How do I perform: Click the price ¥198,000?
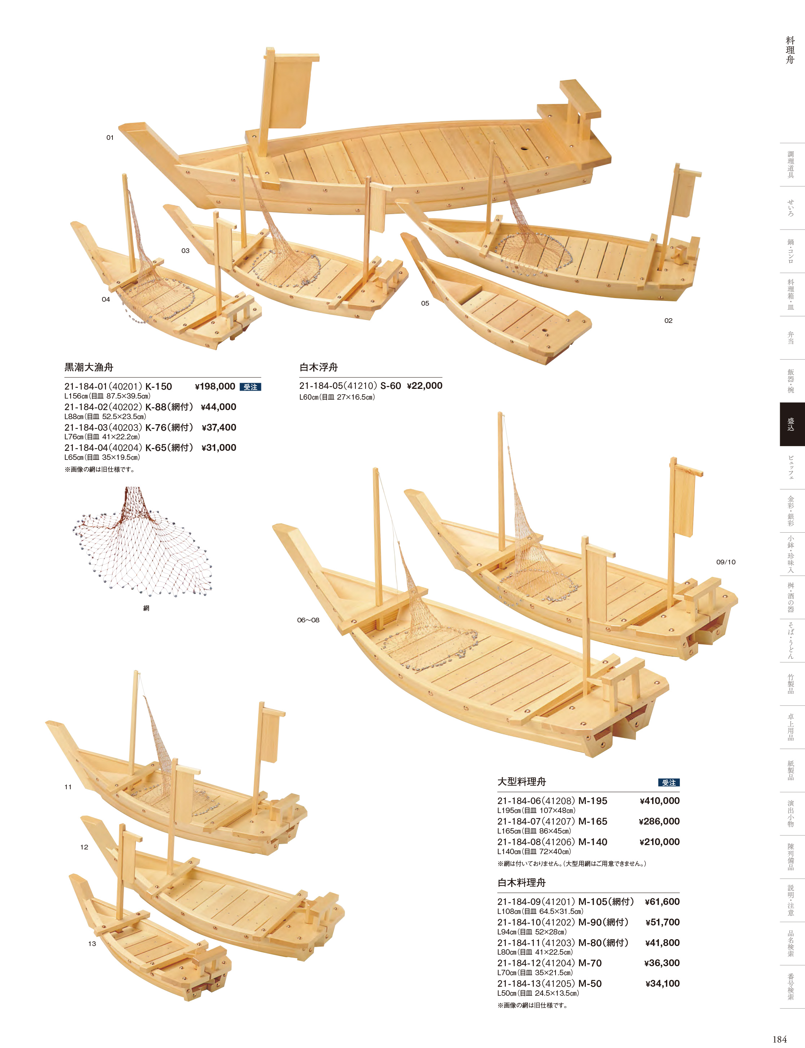coord(215,387)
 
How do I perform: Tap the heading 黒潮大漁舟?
coord(89,367)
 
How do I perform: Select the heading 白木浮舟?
coord(319,367)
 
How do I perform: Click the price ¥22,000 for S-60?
coord(425,386)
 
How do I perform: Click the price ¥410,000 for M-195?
coord(659,801)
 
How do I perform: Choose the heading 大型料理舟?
coord(522,782)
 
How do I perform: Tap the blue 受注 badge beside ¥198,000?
coord(250,387)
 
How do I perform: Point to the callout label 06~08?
coord(308,620)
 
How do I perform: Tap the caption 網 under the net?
coord(146,608)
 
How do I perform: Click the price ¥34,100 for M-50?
coord(663,983)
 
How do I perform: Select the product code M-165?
coord(593,821)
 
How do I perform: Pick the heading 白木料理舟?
coord(522,882)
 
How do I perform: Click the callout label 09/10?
coord(726,562)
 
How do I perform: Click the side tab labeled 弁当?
coord(791,338)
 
